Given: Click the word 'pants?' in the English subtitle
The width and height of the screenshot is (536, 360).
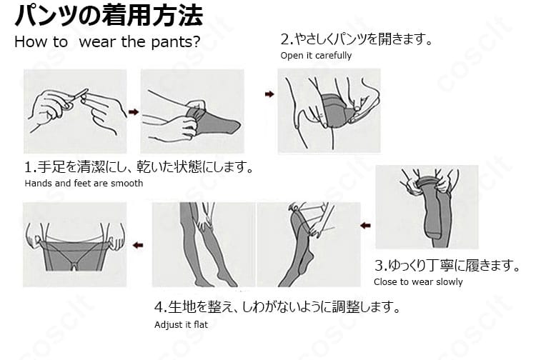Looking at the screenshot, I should [174, 41].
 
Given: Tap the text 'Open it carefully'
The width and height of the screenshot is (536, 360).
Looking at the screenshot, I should [315, 56].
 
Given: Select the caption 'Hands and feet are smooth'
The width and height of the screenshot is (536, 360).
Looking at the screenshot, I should [84, 184].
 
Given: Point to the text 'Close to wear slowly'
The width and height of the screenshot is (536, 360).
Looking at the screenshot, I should [418, 281].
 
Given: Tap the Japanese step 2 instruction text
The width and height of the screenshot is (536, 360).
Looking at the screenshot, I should [356, 39].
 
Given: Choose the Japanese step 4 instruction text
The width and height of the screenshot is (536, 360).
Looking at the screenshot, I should [276, 308].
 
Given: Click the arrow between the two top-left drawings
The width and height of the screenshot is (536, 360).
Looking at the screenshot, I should [133, 111].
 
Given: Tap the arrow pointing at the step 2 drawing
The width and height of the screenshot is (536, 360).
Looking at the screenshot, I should [269, 94].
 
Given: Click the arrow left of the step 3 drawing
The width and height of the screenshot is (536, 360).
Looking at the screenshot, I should [365, 225].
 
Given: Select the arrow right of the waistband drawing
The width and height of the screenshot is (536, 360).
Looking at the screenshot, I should [139, 245].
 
